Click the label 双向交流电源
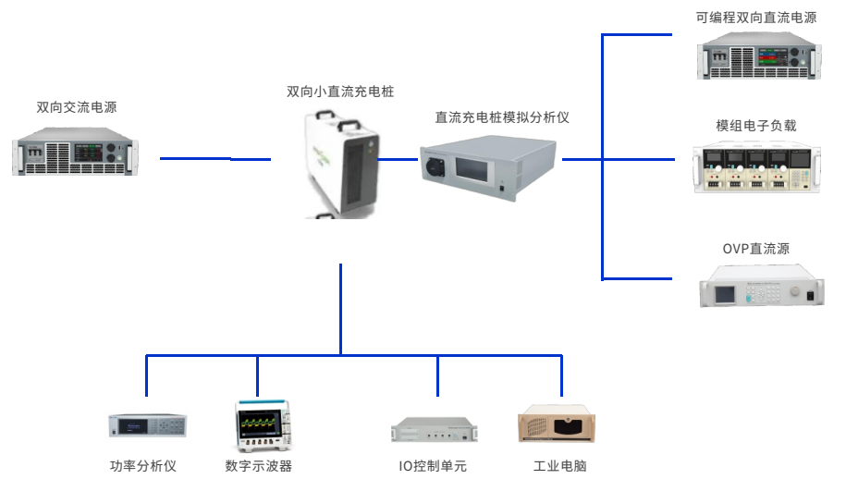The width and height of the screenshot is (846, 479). pos(77,108)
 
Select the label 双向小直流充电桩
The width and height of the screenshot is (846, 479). pos(340,92)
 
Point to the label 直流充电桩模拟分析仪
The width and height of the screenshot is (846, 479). pos(503,117)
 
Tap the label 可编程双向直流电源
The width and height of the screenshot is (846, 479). pos(756,17)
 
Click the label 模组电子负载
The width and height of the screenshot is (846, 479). pos(756,126)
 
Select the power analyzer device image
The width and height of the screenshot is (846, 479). pos(148,426)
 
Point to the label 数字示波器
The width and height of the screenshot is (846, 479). pos(258,466)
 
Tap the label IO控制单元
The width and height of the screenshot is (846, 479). pos(433,466)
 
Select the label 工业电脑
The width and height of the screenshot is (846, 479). pos(559,466)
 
